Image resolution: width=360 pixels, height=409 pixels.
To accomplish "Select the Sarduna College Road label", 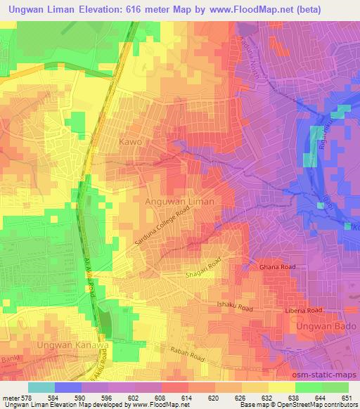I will [162, 225].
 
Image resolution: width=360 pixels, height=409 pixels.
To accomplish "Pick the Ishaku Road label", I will [235, 306].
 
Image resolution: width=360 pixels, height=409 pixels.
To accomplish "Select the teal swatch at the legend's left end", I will [41, 387].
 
